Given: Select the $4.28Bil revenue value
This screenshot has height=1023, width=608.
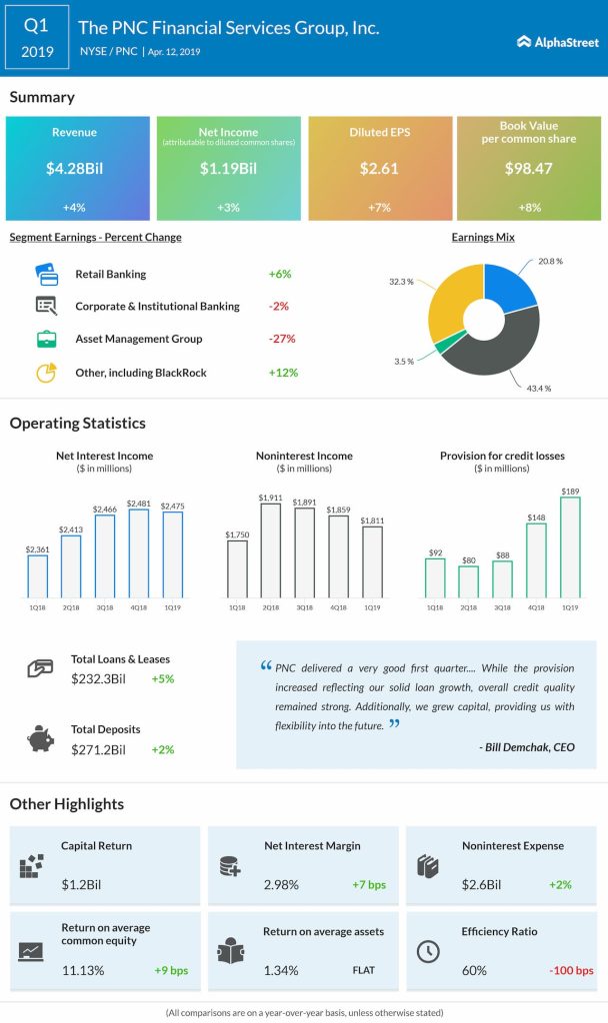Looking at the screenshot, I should (77, 168).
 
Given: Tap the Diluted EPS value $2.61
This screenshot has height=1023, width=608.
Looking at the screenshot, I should (379, 168).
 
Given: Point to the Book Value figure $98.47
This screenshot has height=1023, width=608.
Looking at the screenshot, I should (529, 168).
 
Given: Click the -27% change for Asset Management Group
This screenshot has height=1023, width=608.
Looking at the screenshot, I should (282, 339).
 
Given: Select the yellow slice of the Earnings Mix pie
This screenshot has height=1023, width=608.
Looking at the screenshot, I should (451, 304).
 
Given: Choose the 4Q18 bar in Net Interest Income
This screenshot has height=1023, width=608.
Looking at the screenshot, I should (139, 554).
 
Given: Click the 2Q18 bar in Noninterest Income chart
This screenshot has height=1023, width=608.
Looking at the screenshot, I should (271, 550).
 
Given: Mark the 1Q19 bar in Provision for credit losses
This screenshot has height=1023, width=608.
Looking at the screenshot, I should (571, 547).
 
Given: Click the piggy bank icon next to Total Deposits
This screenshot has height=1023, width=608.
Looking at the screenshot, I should (40, 737).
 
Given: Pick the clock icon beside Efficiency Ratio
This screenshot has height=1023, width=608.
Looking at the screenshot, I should (427, 951).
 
